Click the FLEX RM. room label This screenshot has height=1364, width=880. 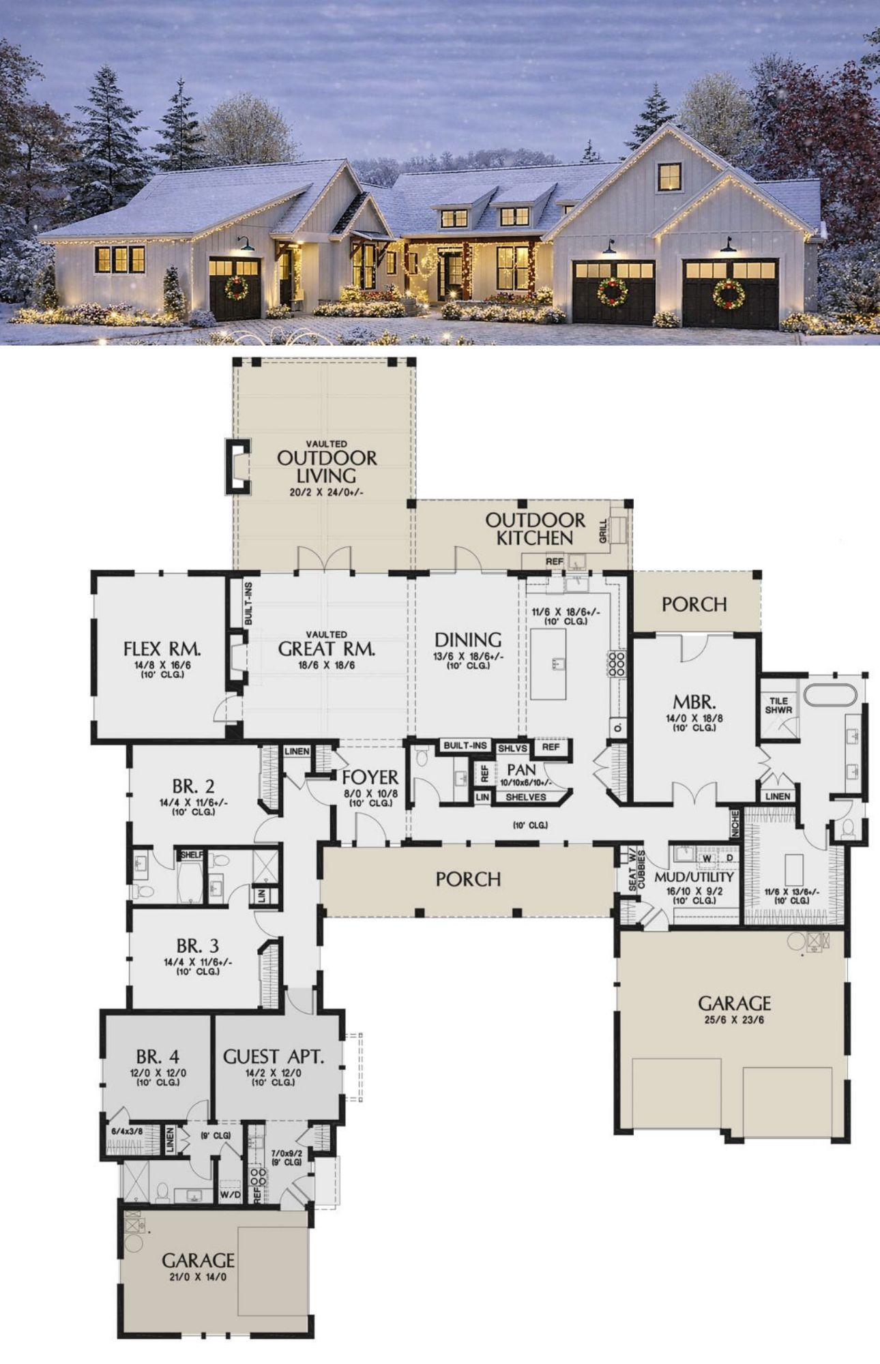point(162,648)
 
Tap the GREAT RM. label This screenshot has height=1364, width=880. point(327,649)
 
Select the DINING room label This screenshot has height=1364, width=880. point(468,640)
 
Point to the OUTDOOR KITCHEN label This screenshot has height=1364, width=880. point(535,529)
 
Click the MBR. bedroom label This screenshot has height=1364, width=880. point(694,702)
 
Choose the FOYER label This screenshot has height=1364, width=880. point(370,777)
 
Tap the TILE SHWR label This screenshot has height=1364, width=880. point(778,705)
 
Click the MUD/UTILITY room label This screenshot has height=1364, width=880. point(694,877)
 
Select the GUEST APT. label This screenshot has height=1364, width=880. point(274,1057)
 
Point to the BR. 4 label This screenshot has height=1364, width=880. point(158,1057)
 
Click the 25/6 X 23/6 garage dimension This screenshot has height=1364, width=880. point(734,1020)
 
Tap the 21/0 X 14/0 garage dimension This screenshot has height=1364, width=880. point(198,1277)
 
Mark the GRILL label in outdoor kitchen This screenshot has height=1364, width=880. point(603,531)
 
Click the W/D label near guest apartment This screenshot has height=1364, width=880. point(230,1196)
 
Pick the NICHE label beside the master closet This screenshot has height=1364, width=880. point(735,823)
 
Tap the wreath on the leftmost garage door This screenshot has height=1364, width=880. point(236,288)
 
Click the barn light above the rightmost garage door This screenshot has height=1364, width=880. point(728,244)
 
